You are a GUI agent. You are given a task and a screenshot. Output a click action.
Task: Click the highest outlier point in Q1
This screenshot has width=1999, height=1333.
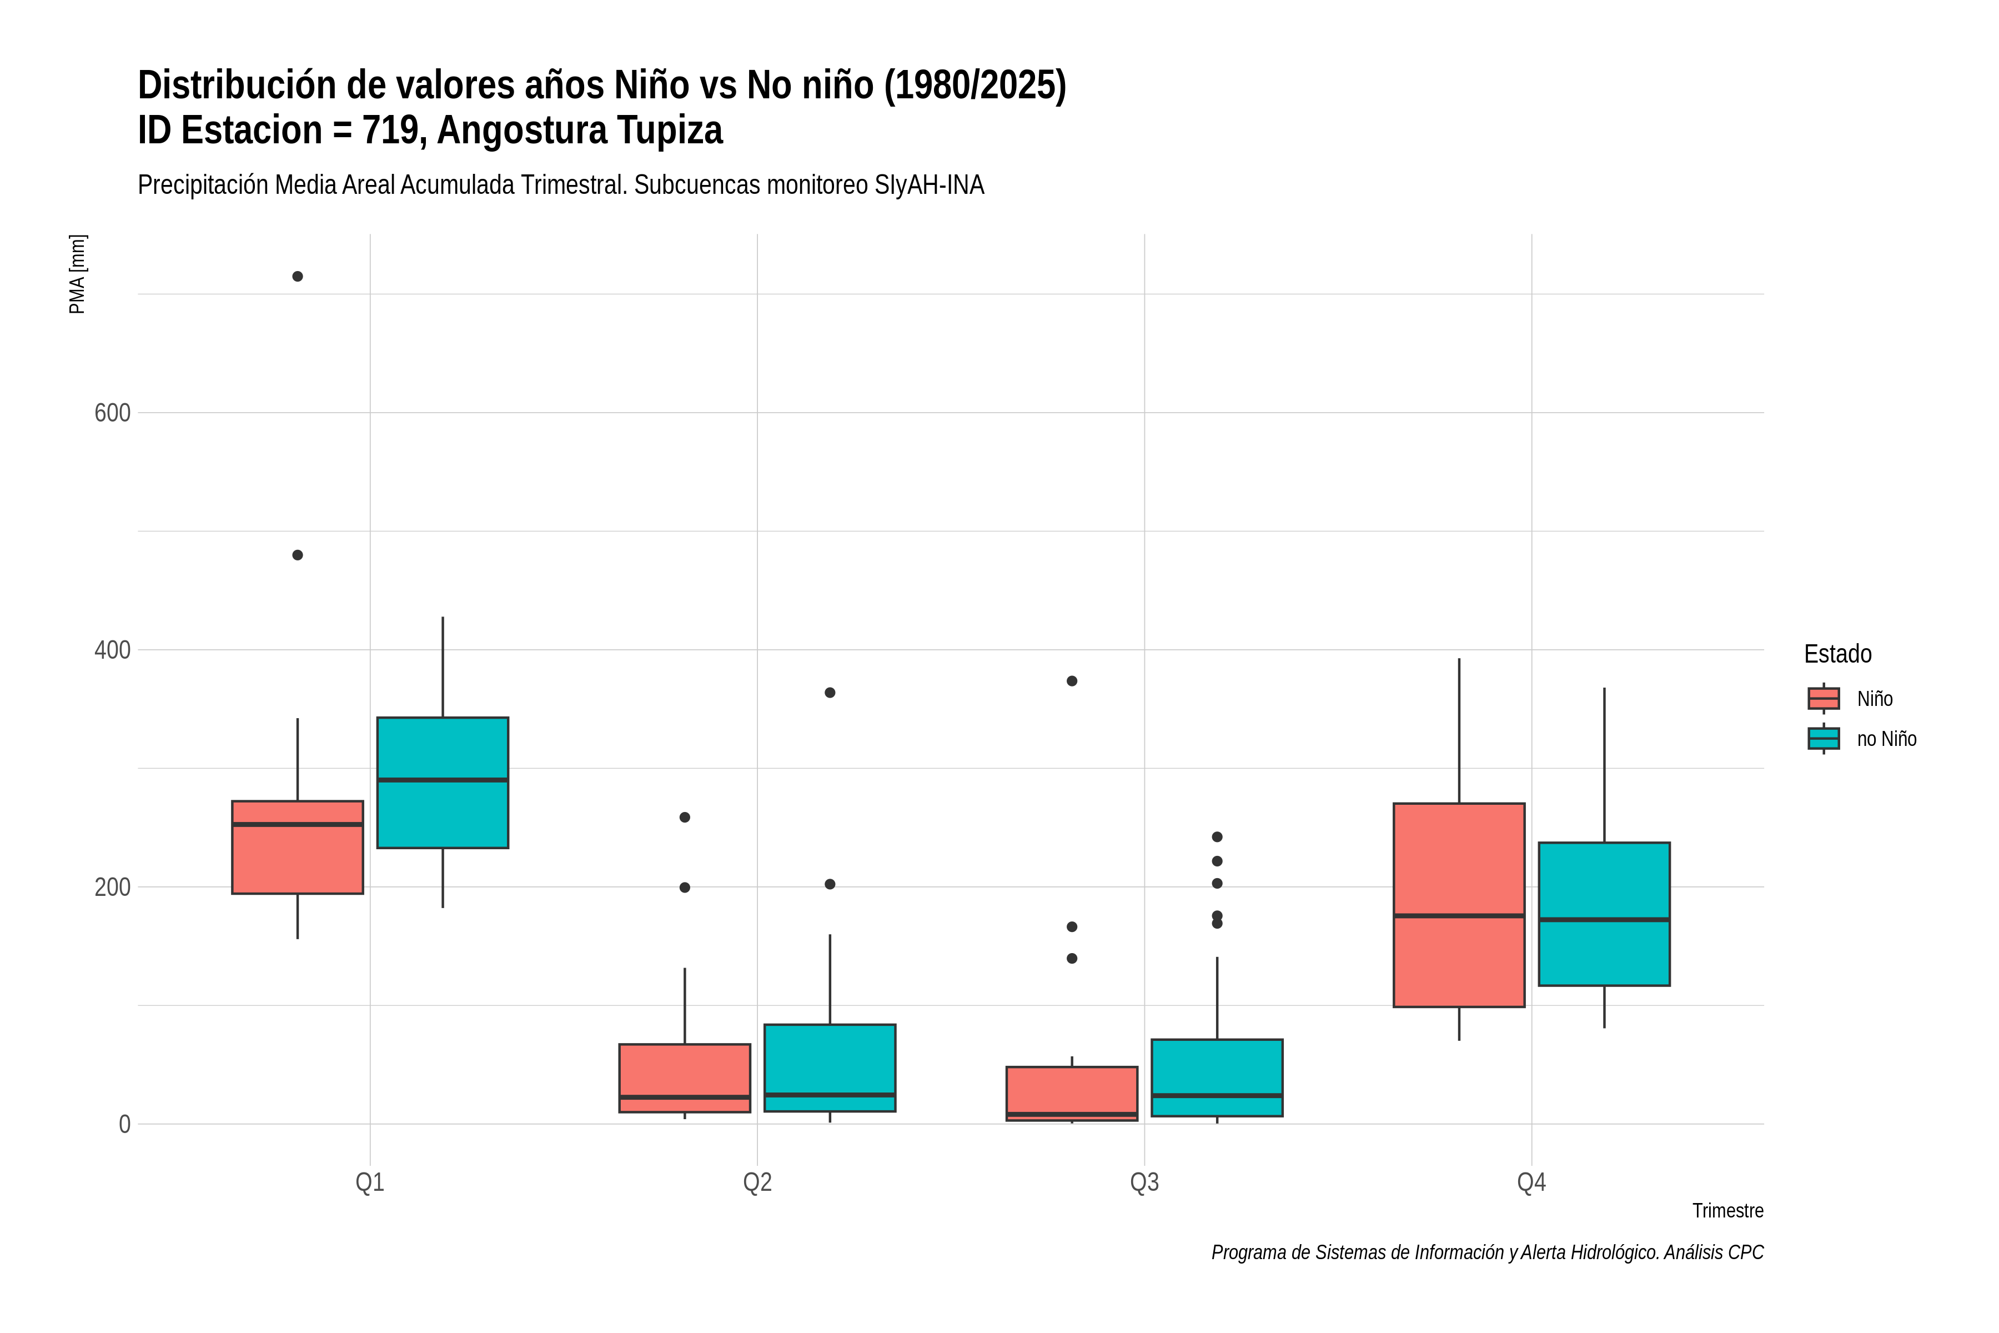point(298,276)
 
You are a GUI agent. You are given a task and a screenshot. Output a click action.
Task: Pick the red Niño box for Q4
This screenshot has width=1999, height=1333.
point(1459,905)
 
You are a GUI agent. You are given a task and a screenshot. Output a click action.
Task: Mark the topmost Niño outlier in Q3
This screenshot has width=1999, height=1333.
point(1072,681)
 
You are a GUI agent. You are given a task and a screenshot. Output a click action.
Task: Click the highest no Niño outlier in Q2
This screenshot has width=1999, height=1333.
point(830,693)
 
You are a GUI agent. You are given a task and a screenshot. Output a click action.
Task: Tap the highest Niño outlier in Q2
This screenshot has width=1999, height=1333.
point(685,818)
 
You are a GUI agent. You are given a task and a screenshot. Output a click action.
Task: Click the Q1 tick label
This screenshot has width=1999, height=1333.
point(370,1182)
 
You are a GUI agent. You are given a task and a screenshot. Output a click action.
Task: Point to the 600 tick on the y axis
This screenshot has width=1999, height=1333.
point(112,413)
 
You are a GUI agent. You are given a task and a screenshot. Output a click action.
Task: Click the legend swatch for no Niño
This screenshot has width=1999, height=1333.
point(1824,739)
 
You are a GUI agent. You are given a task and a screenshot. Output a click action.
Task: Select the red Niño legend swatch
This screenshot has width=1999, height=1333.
point(1824,699)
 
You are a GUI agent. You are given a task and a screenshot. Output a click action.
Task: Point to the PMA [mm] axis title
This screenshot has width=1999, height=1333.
point(77,274)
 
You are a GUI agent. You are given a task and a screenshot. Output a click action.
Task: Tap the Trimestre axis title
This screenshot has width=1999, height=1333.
point(1728,1211)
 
